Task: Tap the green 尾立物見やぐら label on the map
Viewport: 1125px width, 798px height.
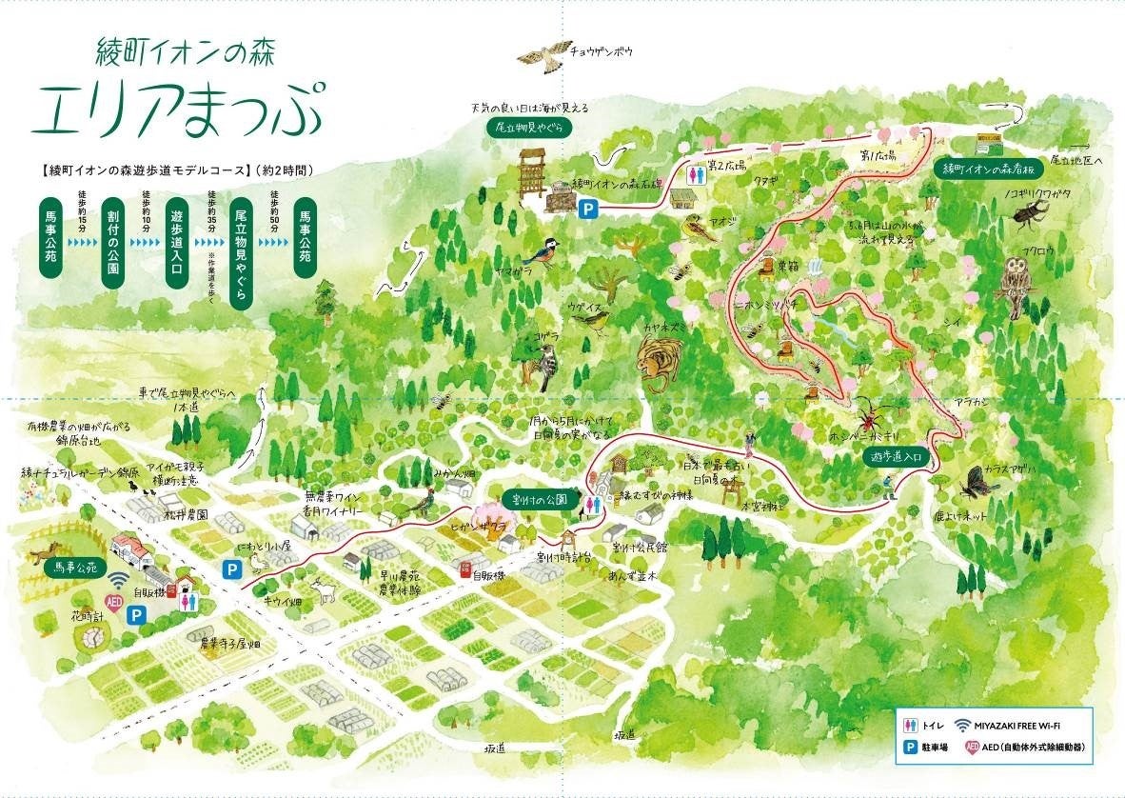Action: point(527,128)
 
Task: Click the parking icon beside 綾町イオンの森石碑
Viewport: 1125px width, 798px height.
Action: point(590,208)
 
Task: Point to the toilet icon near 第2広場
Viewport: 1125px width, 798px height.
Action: point(700,172)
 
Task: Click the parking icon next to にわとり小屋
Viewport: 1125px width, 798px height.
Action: point(230,569)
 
